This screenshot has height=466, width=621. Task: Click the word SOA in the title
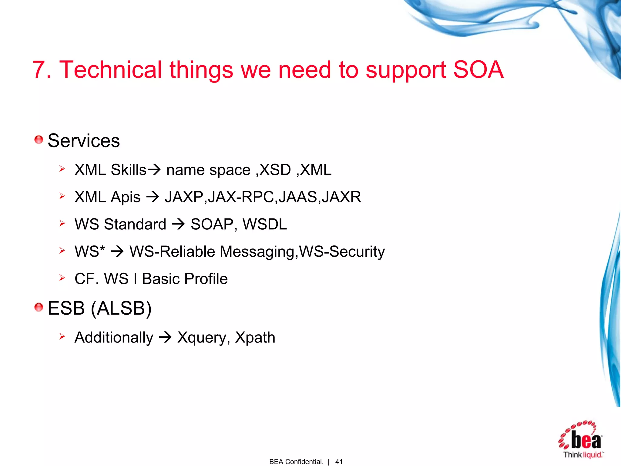click(478, 70)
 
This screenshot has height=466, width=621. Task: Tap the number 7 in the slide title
click(39, 70)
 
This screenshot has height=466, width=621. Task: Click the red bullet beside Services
click(39, 140)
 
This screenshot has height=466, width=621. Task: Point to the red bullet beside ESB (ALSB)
click(39, 307)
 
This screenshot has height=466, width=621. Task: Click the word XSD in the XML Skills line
click(275, 170)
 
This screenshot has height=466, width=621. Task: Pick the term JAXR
click(341, 197)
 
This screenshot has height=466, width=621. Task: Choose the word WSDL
click(264, 224)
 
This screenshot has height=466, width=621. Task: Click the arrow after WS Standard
click(178, 225)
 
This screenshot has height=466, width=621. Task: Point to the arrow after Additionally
click(165, 337)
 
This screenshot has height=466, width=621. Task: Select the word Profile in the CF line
click(206, 279)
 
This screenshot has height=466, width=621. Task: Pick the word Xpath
click(255, 338)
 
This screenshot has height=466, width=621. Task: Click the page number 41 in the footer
click(339, 461)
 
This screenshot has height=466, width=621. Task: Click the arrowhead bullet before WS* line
click(62, 251)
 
